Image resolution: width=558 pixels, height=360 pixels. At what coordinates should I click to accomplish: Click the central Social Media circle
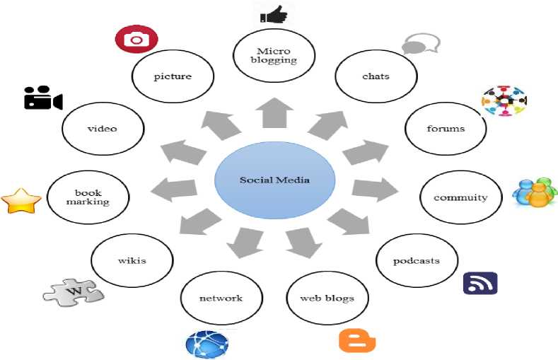point(274,180)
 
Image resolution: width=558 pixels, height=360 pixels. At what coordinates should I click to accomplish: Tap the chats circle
point(376,76)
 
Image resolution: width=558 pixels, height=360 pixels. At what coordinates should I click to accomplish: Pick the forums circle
point(446,129)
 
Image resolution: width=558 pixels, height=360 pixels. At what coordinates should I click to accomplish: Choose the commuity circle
point(460,197)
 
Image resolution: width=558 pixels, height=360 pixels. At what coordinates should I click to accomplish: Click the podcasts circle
point(417,261)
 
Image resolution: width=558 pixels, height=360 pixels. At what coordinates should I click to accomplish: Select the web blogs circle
point(327,298)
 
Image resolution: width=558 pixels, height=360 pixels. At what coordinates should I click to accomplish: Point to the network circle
point(221,298)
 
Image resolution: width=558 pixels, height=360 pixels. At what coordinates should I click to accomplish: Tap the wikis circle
point(132,261)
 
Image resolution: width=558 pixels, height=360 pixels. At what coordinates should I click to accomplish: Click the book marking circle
point(88,197)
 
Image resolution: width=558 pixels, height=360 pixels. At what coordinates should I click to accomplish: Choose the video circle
point(103,129)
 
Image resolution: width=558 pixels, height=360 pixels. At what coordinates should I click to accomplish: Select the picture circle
point(173,76)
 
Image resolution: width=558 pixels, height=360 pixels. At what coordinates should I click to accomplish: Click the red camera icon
point(136,40)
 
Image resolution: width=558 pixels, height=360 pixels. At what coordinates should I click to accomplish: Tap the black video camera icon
point(43,98)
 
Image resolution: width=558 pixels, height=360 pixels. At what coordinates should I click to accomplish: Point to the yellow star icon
point(21,201)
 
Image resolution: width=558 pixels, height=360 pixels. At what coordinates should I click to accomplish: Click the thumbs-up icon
point(273,13)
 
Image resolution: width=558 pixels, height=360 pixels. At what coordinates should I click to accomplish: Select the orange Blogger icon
point(357,340)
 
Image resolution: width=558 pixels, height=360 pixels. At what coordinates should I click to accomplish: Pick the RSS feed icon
point(480,283)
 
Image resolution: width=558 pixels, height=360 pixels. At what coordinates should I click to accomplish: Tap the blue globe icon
point(207,344)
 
